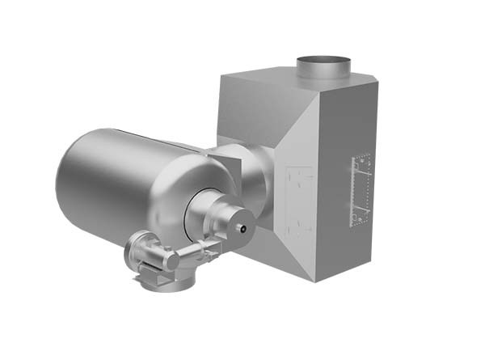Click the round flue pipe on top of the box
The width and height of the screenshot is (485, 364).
click(323, 66)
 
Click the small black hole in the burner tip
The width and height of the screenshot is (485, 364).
click(243, 229)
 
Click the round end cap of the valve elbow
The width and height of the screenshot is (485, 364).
click(171, 260)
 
